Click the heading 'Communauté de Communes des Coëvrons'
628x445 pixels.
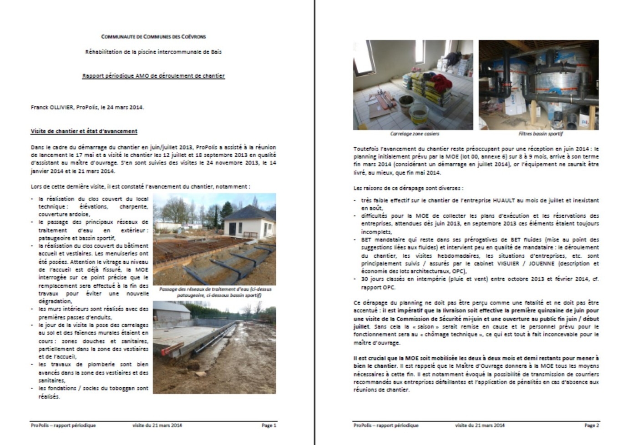pos(153,36)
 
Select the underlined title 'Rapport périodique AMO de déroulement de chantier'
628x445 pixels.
pos(153,76)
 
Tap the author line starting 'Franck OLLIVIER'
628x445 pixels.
pos(87,107)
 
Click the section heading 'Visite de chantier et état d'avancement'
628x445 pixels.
pos(84,131)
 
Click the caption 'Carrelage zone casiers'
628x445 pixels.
pos(414,134)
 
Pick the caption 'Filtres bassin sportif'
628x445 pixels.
pos(540,134)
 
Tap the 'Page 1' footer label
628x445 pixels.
pos(268,425)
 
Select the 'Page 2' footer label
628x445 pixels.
pos(592,425)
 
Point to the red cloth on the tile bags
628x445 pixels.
pos(439,83)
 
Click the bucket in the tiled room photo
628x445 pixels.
pos(418,114)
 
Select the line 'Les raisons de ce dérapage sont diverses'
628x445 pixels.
pos(408,188)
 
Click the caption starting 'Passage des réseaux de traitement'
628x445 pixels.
pos(215,292)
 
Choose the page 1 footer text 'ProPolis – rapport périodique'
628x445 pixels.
pos(63,425)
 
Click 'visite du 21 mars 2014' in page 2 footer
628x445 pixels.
pos(480,425)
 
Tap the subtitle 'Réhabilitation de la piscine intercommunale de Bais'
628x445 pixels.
pos(153,52)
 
